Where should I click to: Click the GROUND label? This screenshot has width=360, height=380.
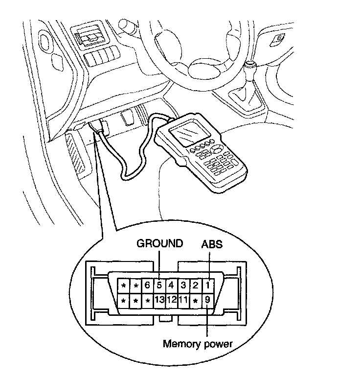tap(159, 244)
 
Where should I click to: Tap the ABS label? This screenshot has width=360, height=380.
tap(212, 244)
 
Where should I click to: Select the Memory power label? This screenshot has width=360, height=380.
tap(197, 344)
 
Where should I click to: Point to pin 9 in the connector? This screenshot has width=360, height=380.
tap(208, 299)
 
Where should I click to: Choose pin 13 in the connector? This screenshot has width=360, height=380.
tap(158, 299)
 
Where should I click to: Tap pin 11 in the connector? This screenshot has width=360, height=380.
tap(183, 299)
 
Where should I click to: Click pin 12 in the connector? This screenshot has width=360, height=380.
tap(171, 299)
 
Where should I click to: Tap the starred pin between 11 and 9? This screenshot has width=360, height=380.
tap(195, 299)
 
